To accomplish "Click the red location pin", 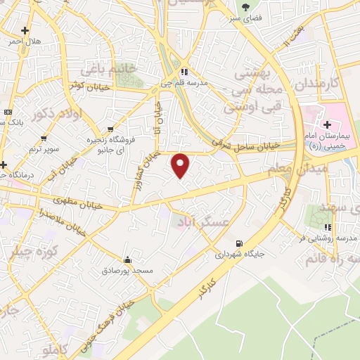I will (181, 165).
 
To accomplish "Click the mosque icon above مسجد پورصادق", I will (127, 259).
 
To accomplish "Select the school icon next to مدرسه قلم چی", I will (184, 72).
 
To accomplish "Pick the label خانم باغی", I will (107, 70).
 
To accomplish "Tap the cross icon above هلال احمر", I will (25, 31).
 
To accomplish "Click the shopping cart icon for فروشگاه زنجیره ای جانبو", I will (109, 129).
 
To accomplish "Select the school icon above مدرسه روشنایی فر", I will (328, 228).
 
